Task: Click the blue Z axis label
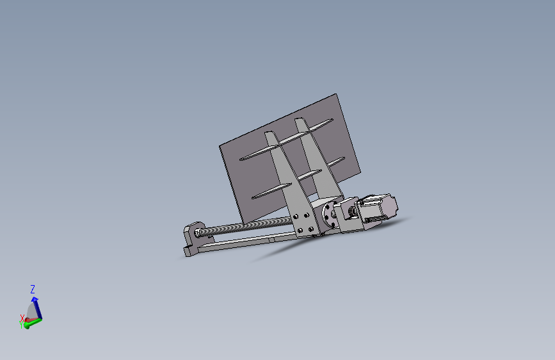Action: pos(33,290)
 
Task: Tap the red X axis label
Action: pos(22,318)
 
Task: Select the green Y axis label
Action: pos(21,325)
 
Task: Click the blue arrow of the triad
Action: pos(35,301)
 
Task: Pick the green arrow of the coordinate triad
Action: pos(36,321)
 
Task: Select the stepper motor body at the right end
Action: pos(378,209)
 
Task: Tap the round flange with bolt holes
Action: pos(330,217)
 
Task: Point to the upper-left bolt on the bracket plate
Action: pos(298,219)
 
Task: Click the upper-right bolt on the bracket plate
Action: pos(310,217)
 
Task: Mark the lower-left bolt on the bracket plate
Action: pos(298,231)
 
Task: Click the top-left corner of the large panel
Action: pos(220,144)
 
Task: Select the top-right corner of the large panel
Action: pos(337,95)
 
